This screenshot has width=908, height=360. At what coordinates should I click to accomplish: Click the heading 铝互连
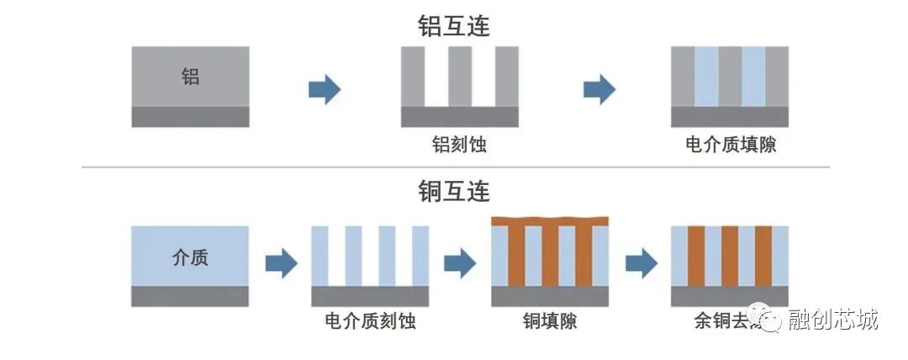point(454,25)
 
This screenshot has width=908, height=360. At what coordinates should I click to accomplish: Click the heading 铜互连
point(454,192)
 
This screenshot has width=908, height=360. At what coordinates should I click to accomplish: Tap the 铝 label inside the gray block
point(191,77)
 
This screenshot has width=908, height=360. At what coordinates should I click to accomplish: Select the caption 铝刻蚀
point(459,145)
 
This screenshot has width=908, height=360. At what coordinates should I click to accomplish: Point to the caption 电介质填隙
point(730,145)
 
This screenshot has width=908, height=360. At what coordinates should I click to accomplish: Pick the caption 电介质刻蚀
point(370,321)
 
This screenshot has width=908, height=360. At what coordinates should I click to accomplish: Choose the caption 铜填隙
point(549,321)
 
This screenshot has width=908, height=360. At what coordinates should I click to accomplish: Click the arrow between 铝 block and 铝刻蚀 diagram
point(325,88)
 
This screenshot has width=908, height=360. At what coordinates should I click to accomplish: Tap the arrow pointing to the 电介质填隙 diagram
point(599,88)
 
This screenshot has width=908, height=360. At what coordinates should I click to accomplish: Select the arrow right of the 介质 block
point(282,263)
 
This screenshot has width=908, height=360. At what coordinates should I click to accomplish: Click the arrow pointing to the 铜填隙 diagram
point(460,263)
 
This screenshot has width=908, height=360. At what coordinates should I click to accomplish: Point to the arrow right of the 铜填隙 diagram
point(641,263)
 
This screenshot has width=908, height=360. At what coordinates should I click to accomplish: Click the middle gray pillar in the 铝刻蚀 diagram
point(460,76)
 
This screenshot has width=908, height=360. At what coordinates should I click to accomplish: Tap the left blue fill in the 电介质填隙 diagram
point(706,76)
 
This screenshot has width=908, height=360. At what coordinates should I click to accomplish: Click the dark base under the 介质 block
point(190,296)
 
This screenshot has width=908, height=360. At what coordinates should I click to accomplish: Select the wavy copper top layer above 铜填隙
point(549,221)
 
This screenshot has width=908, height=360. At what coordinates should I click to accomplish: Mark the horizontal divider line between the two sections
point(454,167)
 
